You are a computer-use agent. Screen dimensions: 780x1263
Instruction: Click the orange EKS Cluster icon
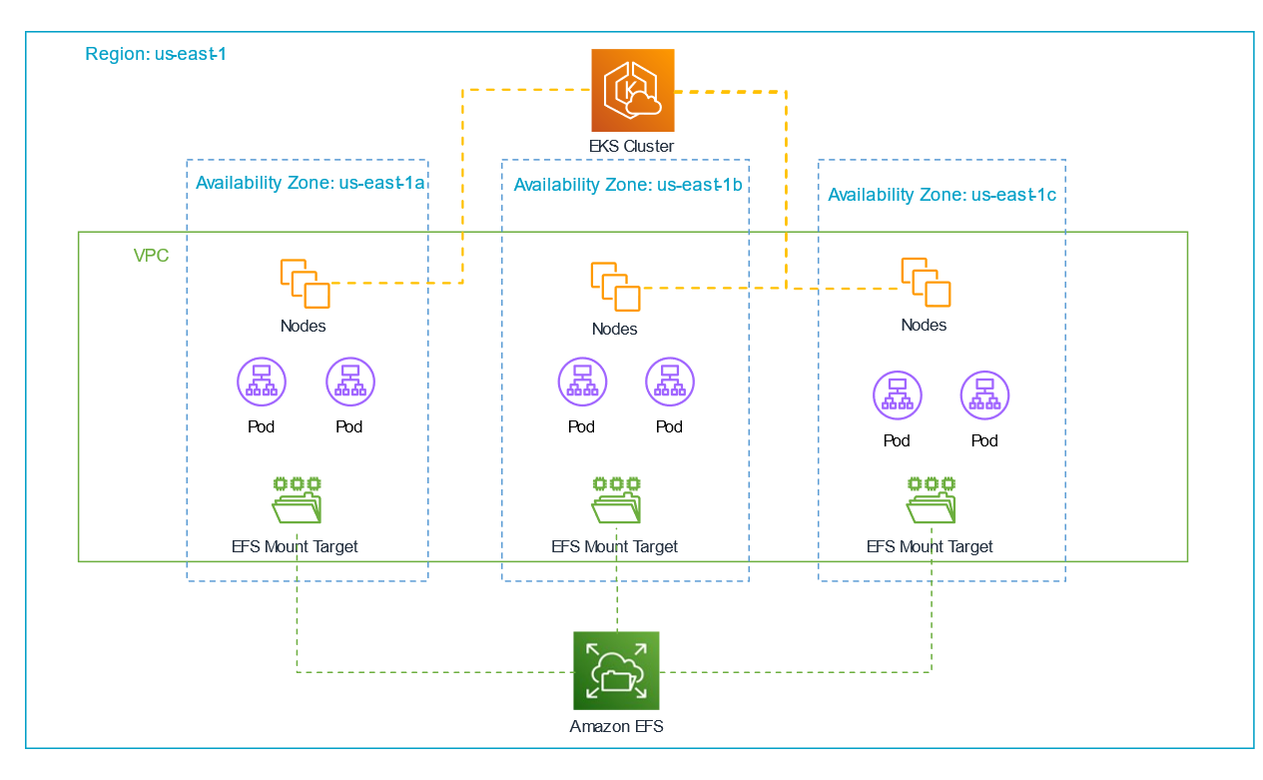(x=632, y=91)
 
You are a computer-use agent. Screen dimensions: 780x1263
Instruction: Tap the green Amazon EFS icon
(x=616, y=669)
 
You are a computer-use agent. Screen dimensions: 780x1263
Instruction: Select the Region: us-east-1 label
(x=156, y=54)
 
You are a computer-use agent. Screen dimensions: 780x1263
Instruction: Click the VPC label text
(x=151, y=256)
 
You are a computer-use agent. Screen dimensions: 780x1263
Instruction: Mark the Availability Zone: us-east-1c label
(x=942, y=195)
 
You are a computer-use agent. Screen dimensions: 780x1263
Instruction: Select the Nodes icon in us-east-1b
(x=615, y=287)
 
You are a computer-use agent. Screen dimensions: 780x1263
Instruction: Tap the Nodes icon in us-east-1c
(x=926, y=282)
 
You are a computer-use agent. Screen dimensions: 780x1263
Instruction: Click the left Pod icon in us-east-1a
(x=262, y=383)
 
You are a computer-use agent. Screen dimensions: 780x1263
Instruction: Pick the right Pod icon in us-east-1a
(x=349, y=383)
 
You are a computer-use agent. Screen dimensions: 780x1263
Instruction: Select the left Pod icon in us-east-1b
(x=582, y=383)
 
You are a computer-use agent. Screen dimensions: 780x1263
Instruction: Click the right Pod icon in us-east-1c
(x=984, y=395)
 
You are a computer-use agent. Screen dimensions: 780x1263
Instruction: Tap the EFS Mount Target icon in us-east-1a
(x=297, y=499)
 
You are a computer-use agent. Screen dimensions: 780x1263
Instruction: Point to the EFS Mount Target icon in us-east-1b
(x=616, y=499)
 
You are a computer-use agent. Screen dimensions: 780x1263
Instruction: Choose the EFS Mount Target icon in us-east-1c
(x=932, y=499)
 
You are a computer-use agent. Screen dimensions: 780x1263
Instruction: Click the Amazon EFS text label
(x=616, y=726)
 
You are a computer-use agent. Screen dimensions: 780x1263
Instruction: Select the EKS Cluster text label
(x=631, y=147)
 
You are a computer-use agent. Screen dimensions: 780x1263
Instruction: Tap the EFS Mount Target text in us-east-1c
(x=930, y=546)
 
